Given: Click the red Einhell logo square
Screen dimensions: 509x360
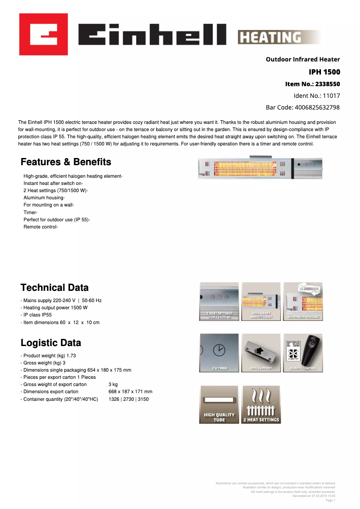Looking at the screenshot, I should click(43, 34).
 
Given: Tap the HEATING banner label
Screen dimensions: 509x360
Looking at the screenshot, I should click(270, 37).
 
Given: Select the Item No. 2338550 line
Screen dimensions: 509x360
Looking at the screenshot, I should click(312, 84).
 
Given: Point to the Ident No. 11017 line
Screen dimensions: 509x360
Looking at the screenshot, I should click(316, 96).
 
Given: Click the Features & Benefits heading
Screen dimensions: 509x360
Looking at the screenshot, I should click(66, 162).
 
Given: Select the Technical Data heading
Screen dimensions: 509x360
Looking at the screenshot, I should click(54, 288).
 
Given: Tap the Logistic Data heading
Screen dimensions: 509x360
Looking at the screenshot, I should click(51, 343).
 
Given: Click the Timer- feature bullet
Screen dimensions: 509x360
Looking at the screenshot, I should click(31, 212).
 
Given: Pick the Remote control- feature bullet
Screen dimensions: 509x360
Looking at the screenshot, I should click(40, 227).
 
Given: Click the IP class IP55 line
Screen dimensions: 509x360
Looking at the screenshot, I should click(36, 315).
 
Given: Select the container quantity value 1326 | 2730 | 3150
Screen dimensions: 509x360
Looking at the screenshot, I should click(128, 399).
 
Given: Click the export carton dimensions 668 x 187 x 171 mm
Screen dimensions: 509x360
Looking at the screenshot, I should click(130, 392).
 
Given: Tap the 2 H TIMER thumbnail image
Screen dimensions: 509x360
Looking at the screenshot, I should click(219, 353).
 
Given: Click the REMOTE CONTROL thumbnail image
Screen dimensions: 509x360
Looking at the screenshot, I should click(303, 353).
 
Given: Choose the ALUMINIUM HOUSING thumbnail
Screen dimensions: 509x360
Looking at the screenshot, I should click(303, 301).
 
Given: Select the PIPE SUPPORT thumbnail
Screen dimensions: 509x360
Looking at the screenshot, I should click(261, 353).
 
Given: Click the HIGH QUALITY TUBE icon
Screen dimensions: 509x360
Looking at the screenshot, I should click(219, 404).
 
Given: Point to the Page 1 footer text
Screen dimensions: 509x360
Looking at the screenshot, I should click(330, 500).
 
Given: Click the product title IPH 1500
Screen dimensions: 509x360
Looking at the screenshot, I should click(324, 72).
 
